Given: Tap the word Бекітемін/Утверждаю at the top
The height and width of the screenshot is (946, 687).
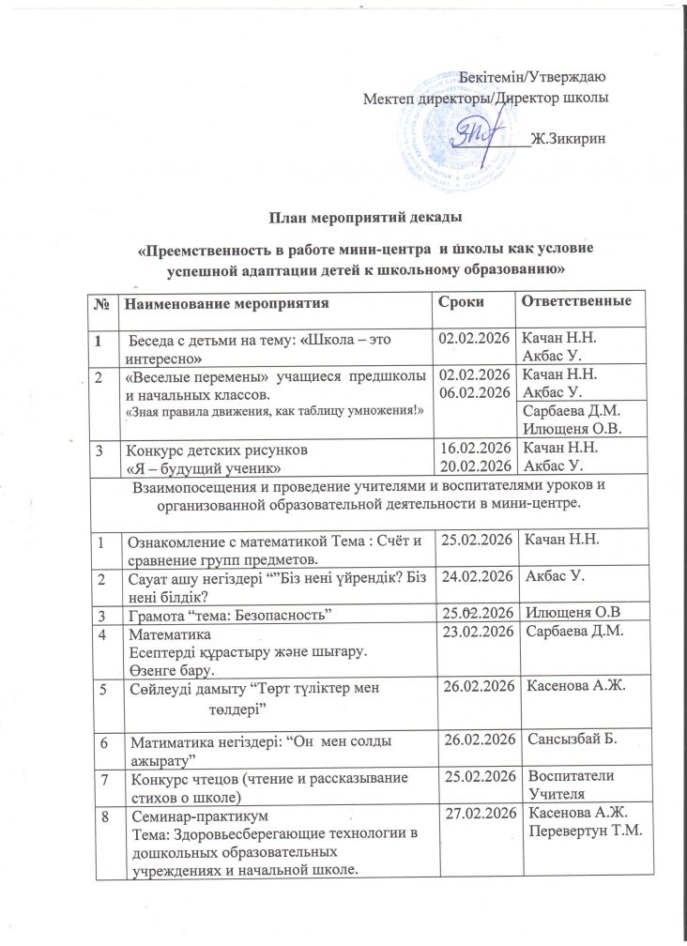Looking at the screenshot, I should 536,76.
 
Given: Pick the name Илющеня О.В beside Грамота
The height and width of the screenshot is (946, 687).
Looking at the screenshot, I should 570,613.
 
